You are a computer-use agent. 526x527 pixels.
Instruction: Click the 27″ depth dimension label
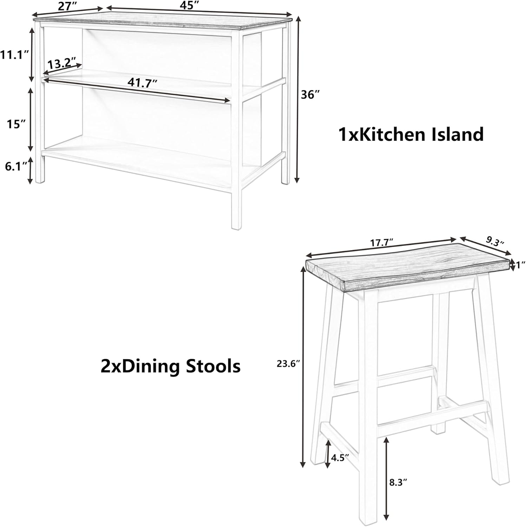[x=67, y=5]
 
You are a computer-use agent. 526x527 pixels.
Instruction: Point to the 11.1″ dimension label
[x=14, y=55]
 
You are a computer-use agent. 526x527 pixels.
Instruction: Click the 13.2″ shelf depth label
[x=62, y=64]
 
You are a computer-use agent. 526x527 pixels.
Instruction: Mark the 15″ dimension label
[x=17, y=124]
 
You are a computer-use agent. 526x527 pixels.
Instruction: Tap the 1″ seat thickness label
[x=520, y=265]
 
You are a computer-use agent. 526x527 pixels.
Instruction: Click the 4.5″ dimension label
[x=340, y=457]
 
